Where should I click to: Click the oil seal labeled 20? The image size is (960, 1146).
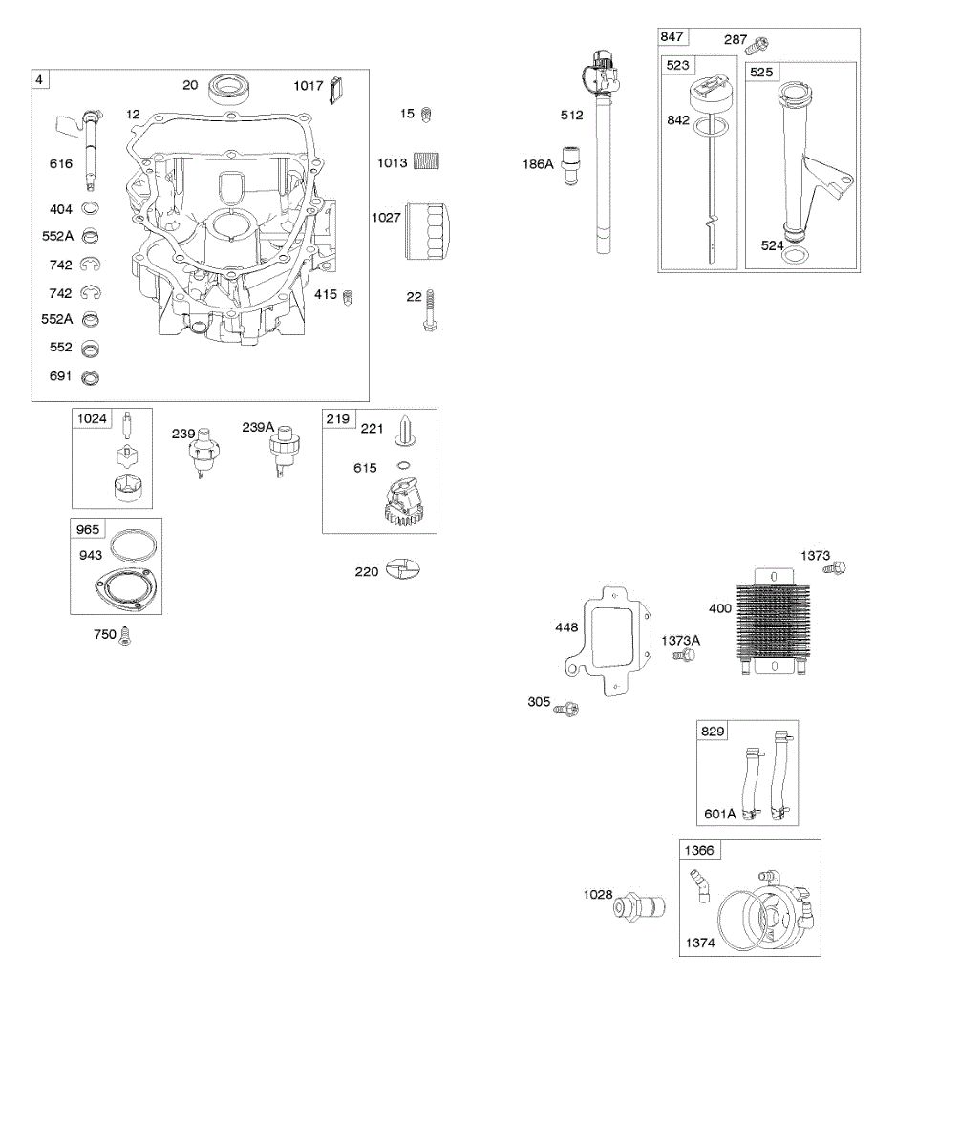(x=228, y=87)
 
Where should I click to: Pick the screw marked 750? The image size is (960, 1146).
(x=124, y=636)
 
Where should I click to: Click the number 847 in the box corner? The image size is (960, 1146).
(x=672, y=36)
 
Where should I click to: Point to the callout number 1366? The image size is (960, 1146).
(x=698, y=849)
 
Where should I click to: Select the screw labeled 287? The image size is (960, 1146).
(x=761, y=43)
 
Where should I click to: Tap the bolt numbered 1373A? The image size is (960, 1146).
(x=684, y=656)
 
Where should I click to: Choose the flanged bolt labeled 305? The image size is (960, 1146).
(x=570, y=708)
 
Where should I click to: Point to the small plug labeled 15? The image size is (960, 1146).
(x=429, y=114)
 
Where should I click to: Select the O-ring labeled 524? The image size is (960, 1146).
(x=800, y=254)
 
